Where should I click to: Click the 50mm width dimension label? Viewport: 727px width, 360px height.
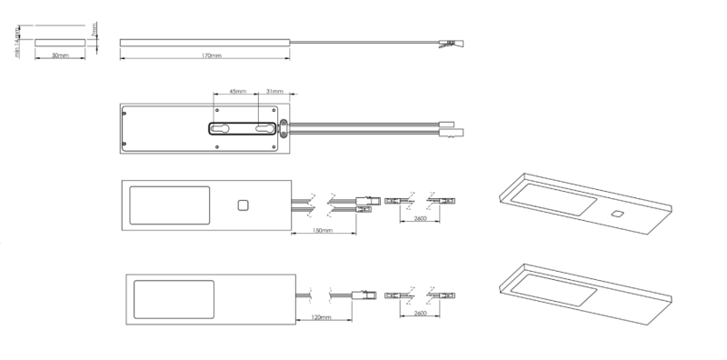(x=60, y=55)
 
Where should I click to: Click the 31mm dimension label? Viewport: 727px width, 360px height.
(x=273, y=91)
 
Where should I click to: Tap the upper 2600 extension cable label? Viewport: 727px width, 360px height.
(x=421, y=220)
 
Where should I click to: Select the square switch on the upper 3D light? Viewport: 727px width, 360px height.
(x=617, y=214)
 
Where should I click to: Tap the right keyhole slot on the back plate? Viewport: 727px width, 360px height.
(x=265, y=130)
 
